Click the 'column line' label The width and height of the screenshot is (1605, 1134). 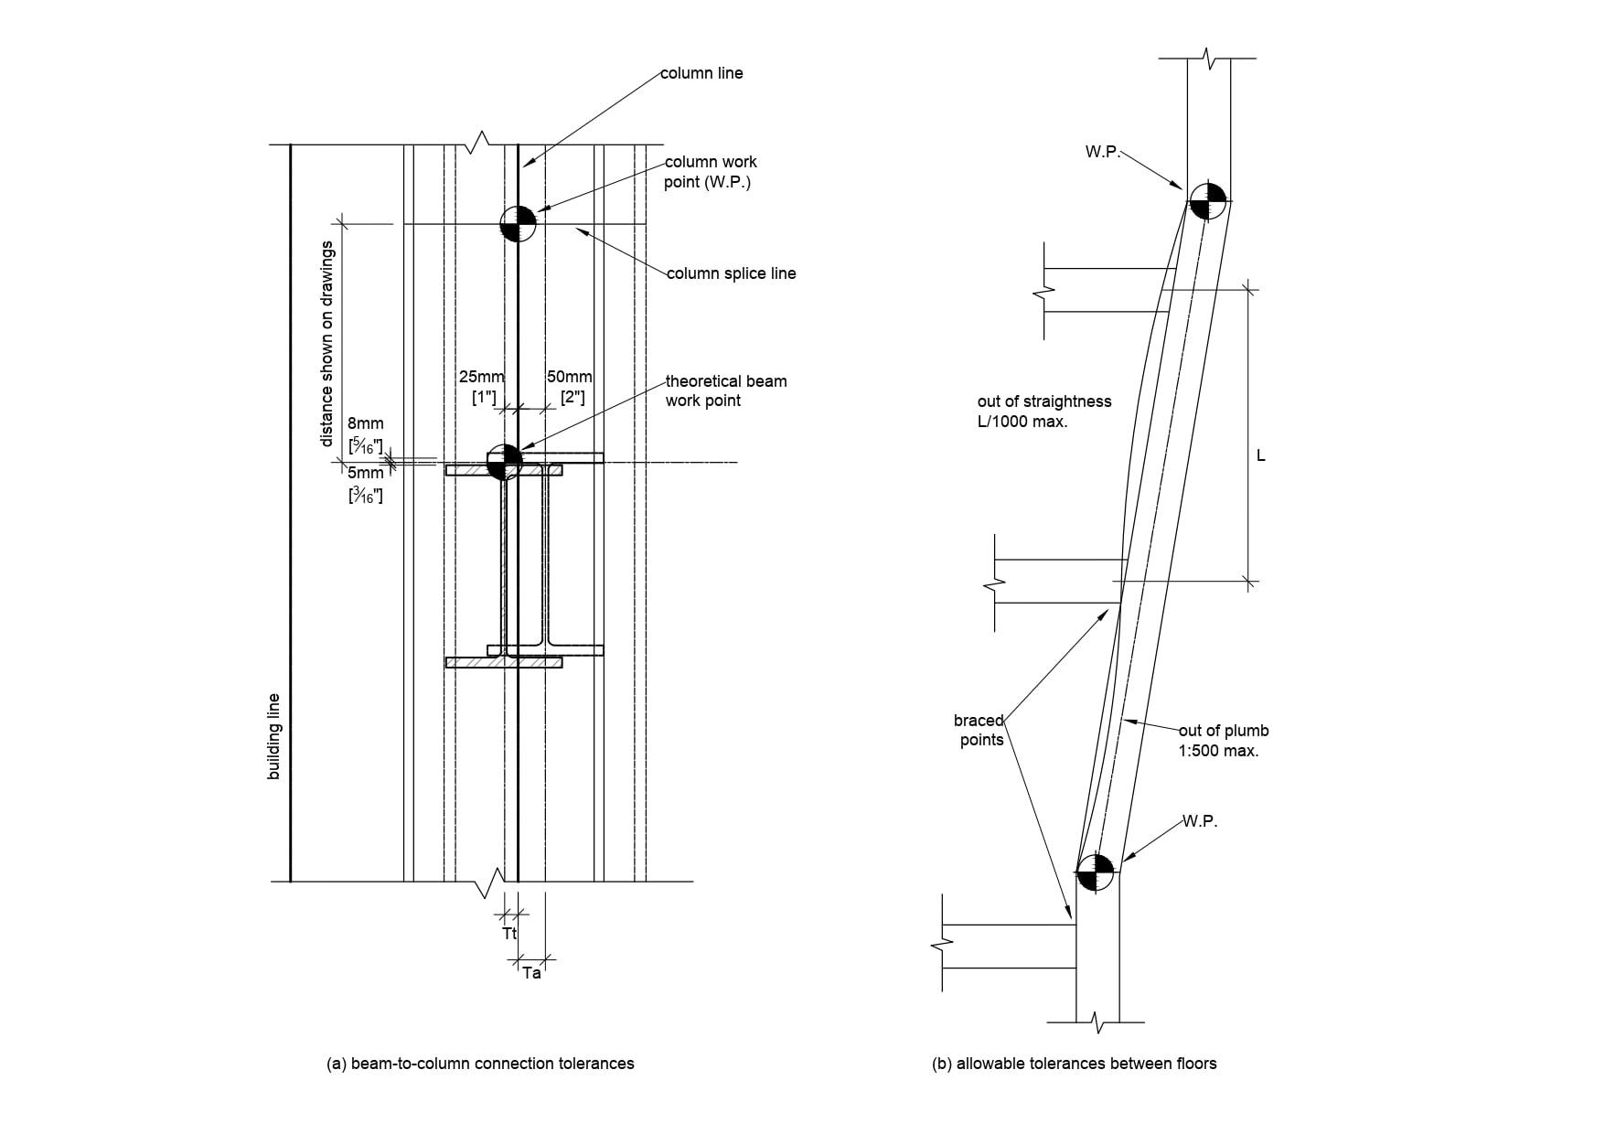[701, 73]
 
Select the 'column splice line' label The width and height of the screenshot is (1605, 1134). [731, 273]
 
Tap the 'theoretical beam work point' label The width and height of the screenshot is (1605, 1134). [725, 390]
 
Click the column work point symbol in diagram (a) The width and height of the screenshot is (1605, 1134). [518, 223]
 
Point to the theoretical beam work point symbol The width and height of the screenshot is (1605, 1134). [504, 462]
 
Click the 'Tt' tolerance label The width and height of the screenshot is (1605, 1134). [509, 934]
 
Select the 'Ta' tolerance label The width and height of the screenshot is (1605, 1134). [531, 974]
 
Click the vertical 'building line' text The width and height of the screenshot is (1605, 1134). [273, 737]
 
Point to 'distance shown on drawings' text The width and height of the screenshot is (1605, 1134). [326, 344]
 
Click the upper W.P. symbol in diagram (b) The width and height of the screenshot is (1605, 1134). [1207, 200]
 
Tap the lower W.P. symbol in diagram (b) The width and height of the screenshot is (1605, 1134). [1095, 872]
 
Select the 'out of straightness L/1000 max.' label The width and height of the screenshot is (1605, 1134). [1043, 412]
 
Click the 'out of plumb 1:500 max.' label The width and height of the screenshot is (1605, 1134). [1223, 741]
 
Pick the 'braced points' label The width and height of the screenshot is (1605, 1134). [979, 731]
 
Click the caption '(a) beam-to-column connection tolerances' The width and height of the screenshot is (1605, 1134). [480, 1064]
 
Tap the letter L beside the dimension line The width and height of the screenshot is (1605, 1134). [1261, 455]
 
